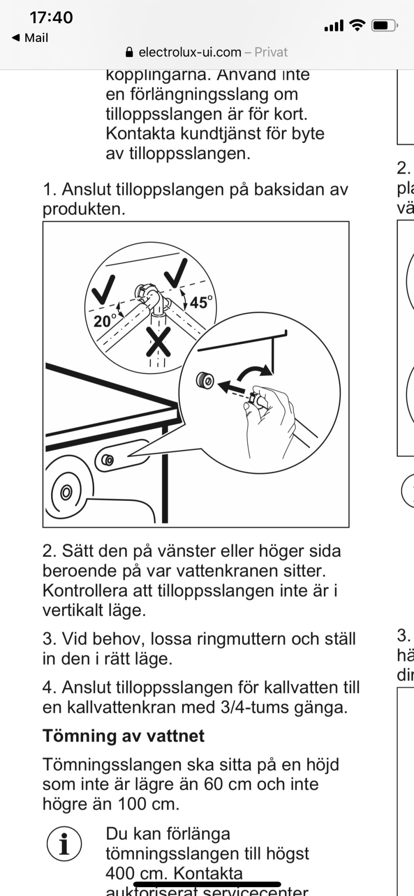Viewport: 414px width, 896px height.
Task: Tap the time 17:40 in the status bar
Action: pyautogui.click(x=51, y=17)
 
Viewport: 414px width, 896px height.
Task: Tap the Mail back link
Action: pyautogui.click(x=30, y=38)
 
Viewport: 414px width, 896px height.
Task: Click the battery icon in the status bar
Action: pyautogui.click(x=384, y=26)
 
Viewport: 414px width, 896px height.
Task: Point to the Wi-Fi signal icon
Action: pyautogui.click(x=358, y=25)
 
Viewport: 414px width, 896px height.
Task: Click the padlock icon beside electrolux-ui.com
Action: pyautogui.click(x=129, y=52)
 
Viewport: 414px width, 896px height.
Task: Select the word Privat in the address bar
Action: pyautogui.click(x=271, y=52)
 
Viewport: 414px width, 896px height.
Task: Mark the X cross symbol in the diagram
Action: pyautogui.click(x=158, y=341)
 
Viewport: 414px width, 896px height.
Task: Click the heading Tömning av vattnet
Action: pyautogui.click(x=123, y=736)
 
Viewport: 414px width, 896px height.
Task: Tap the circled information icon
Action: pyautogui.click(x=64, y=844)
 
